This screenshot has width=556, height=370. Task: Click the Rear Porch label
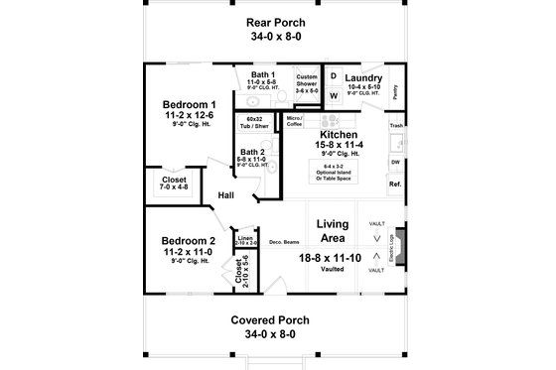[277, 22]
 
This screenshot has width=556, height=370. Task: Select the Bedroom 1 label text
[190, 105]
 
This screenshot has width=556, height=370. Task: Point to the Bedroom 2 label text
[189, 241]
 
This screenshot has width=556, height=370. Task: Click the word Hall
[225, 195]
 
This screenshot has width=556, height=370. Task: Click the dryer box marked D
[333, 76]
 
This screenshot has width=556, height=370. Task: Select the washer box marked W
[333, 95]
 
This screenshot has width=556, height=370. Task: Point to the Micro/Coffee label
[294, 122]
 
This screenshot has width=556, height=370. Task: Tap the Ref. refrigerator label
[395, 185]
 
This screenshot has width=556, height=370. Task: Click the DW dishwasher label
[395, 161]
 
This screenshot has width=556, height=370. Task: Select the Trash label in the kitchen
[396, 126]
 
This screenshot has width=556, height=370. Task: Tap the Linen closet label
[244, 240]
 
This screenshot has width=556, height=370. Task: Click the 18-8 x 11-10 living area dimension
[333, 257]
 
